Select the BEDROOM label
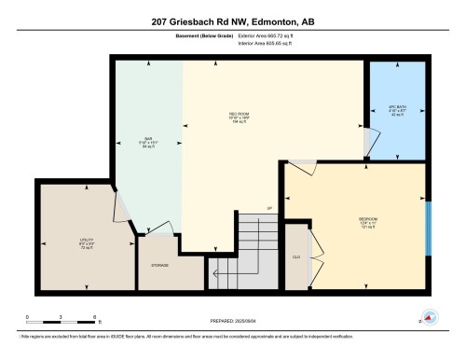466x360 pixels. [x=353, y=221]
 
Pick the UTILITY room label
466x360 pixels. [x=87, y=244]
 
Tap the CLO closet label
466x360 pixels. [x=295, y=255]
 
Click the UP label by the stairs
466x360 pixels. [x=269, y=207]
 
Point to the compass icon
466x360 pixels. [x=430, y=317]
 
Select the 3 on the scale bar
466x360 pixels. [x=62, y=317]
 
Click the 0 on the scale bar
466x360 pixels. [x=28, y=317]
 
